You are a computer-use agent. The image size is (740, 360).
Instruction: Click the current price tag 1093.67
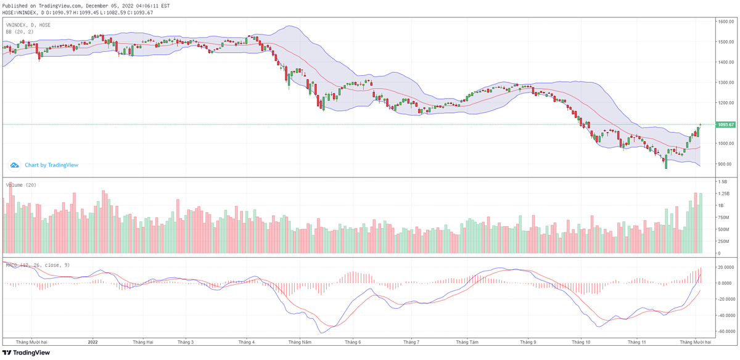pos(726,125)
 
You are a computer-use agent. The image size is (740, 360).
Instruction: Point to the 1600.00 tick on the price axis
pos(726,22)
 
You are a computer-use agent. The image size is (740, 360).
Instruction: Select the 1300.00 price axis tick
pos(726,83)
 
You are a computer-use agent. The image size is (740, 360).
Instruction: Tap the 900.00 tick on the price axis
pos(726,164)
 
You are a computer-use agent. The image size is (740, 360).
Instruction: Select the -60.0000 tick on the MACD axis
pos(726,331)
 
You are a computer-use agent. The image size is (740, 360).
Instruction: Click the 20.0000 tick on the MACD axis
pos(726,267)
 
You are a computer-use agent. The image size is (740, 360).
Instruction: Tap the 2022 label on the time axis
pos(93,342)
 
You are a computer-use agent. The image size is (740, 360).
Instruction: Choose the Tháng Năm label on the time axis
pos(300,342)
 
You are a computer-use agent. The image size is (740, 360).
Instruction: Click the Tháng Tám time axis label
pos(467,342)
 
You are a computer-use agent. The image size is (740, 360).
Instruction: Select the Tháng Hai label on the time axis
pos(143,342)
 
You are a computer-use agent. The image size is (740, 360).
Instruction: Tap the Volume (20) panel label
pos(21,185)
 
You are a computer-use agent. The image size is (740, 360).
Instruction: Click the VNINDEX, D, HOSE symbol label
pos(28,25)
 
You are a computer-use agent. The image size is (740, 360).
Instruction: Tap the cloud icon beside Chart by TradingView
pos(15,165)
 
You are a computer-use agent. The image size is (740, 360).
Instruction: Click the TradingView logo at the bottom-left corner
pos(25,353)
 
